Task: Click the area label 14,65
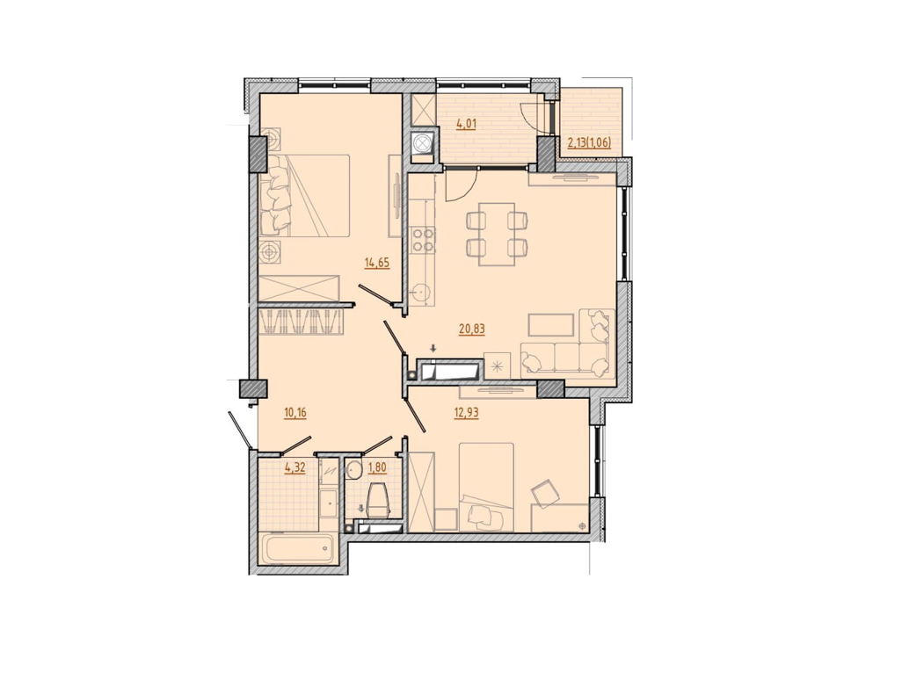[377, 262]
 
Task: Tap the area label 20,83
[472, 329]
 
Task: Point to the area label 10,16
[295, 410]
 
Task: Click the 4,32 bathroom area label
[295, 468]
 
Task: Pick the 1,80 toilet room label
[376, 468]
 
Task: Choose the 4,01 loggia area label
[467, 124]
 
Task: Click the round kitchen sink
[421, 292]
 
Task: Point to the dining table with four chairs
[496, 233]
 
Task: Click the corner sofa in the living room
[568, 351]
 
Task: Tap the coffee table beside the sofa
[551, 324]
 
